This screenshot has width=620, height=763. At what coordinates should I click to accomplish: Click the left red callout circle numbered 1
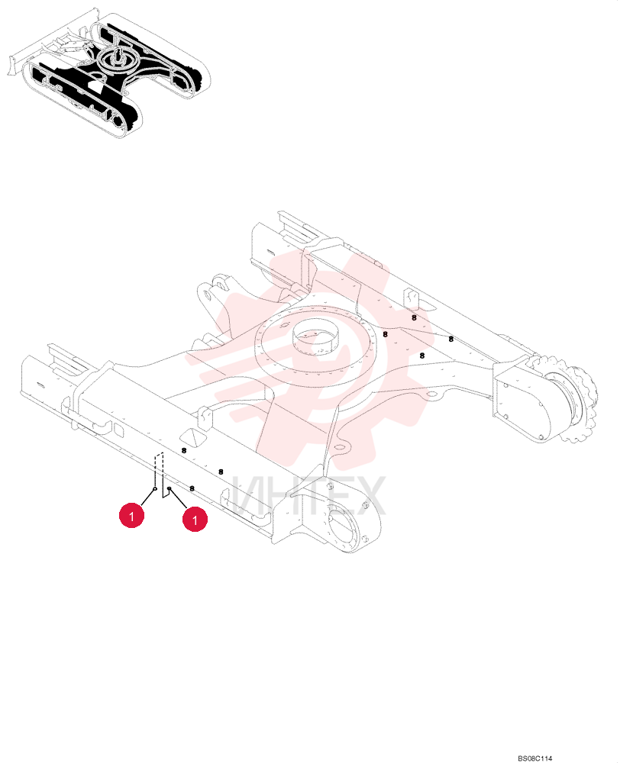click(x=131, y=515)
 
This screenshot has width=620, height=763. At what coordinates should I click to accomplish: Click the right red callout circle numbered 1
click(x=195, y=520)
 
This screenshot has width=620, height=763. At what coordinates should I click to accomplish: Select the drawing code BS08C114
click(x=534, y=758)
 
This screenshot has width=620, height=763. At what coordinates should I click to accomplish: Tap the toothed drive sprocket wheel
click(x=576, y=400)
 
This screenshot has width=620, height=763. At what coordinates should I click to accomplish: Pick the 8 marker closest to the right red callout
click(x=192, y=488)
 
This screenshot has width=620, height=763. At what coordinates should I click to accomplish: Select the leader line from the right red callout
click(x=178, y=499)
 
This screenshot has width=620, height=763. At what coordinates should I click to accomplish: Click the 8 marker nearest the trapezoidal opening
click(x=183, y=451)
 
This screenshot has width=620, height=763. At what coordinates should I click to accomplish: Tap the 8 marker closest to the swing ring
click(x=386, y=334)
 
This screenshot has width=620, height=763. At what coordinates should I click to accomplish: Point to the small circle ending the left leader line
click(x=155, y=488)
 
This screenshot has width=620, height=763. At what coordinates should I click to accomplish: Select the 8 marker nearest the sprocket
click(x=451, y=340)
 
